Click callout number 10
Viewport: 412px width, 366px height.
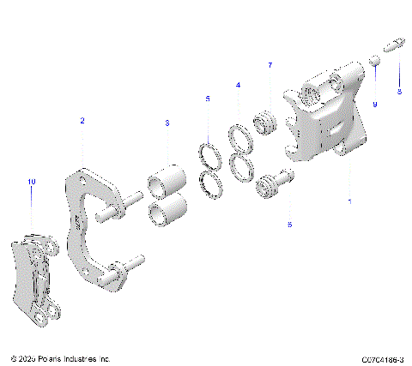[x=32, y=182]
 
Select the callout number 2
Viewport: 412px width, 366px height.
[x=82, y=121]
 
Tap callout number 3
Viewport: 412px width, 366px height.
[x=167, y=123]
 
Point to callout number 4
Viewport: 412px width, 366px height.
[x=238, y=86]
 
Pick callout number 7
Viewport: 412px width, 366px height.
[x=270, y=65]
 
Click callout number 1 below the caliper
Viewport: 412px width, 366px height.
[x=348, y=202]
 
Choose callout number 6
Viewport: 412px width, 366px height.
[x=289, y=225]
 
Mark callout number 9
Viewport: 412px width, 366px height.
[x=374, y=104]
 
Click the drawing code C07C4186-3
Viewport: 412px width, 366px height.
[x=381, y=358]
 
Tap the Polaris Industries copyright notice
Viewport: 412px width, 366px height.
[x=60, y=358]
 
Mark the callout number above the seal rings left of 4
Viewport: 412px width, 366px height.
[x=207, y=99]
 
